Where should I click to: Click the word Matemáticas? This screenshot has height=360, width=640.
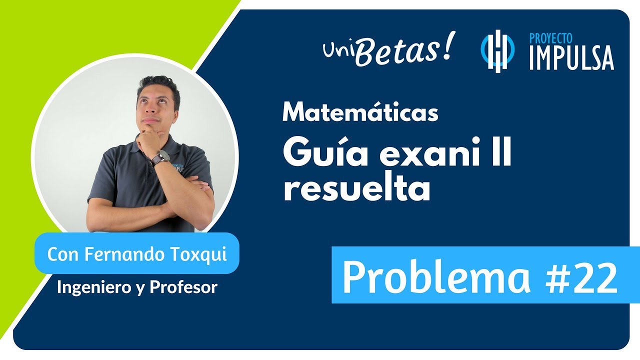(360, 113)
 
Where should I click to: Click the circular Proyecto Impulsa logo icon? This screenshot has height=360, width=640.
(497, 51)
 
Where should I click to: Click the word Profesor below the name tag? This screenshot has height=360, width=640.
(189, 287)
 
